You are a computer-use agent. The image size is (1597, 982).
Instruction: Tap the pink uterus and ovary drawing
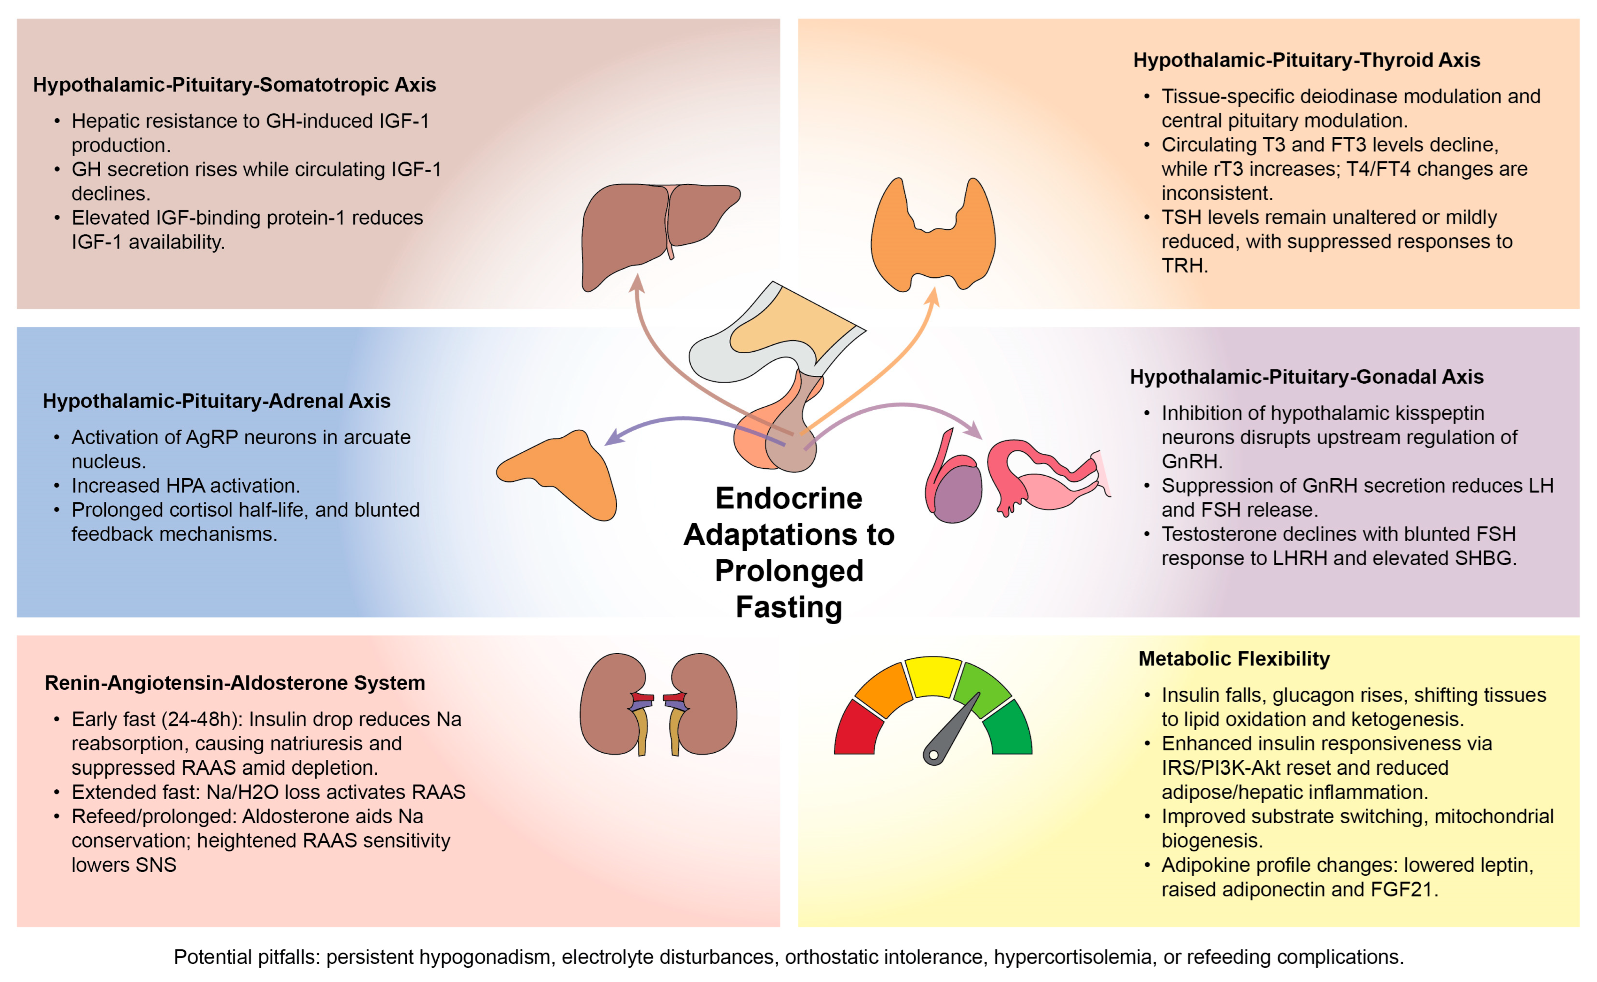click(x=1046, y=481)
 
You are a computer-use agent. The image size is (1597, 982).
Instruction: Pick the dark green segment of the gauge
click(x=1010, y=731)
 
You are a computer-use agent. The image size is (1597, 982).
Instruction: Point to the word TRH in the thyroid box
click(x=1183, y=266)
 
